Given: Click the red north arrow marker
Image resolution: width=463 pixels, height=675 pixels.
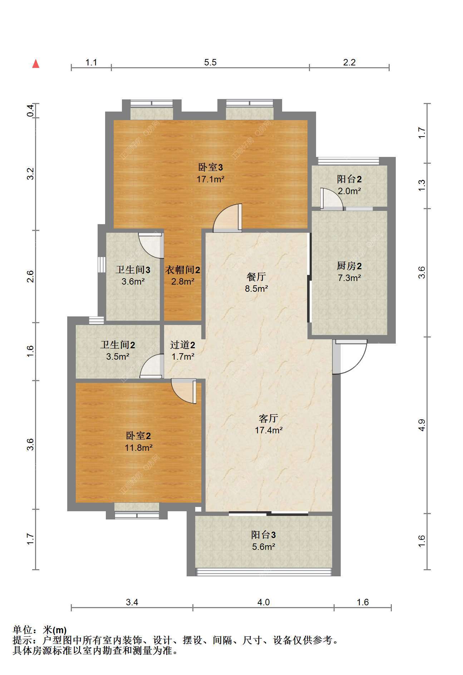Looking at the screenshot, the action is pos(36,64).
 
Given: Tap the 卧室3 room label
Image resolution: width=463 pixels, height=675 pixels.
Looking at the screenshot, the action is pos(211,167).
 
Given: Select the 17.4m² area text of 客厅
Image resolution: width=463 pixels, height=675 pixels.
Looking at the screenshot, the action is pos(269,430).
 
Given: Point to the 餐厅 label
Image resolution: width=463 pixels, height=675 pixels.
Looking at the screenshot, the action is pos(256,277).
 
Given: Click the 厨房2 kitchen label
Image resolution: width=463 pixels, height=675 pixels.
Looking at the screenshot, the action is pos(349,266).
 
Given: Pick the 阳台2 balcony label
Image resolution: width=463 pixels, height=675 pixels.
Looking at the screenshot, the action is pos(349,179).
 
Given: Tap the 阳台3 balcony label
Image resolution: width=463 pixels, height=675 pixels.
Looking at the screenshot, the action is pos(263,535).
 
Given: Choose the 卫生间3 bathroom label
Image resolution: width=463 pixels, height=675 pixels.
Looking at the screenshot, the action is pos(133,270).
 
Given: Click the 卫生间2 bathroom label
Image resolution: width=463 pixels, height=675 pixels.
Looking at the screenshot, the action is pos(118,345).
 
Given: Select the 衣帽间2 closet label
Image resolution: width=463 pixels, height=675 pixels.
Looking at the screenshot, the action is pos(182,270).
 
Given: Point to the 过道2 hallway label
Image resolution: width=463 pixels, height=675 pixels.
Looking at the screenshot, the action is pos(182,345).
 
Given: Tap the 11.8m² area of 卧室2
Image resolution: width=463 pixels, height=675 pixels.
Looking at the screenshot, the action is pos(139,448).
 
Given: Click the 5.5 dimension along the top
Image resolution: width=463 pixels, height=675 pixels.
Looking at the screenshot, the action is pos(210,62).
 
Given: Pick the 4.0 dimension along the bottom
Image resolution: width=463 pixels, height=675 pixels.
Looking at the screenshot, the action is pos(263,602).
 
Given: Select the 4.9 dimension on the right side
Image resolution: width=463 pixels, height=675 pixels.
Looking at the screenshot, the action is pos(422,425).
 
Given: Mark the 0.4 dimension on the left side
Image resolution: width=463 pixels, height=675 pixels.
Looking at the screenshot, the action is pos(31,110).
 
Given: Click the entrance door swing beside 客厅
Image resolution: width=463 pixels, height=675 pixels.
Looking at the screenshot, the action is pos(350,357).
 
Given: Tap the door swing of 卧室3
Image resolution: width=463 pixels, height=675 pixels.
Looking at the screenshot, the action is pos(227,218).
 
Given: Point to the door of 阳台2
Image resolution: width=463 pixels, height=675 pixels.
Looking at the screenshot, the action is pos(332,198).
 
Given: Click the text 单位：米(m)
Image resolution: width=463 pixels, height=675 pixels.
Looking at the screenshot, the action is pos(40,630).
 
